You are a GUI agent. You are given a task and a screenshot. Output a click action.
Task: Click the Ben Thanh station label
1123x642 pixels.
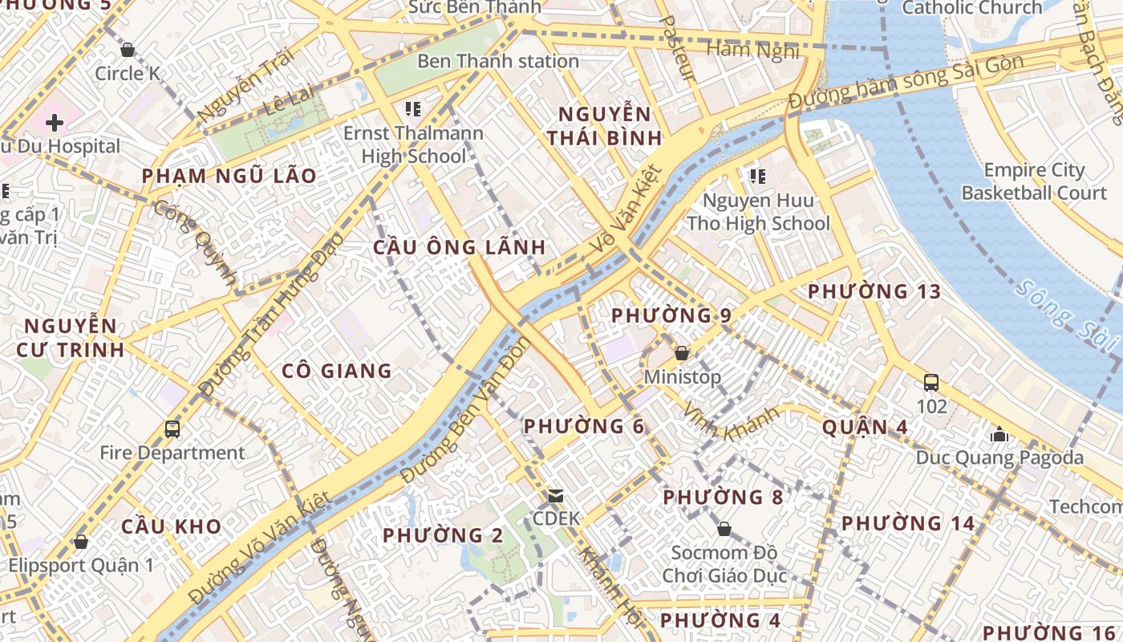497,61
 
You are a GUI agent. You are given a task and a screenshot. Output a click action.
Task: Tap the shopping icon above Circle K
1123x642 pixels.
127,51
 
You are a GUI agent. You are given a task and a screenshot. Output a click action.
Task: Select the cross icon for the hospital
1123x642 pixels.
55,123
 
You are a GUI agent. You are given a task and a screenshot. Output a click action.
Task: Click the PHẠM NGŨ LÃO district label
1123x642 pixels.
229,176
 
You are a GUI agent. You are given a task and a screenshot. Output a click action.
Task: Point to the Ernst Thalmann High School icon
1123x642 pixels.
413,109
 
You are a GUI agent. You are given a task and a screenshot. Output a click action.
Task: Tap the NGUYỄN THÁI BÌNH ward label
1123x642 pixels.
605,125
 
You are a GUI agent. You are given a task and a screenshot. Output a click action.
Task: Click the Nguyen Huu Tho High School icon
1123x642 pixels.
757,176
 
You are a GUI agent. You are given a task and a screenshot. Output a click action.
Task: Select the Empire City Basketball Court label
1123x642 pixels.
1033,181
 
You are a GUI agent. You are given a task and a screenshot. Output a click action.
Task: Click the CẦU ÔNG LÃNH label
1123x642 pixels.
460,247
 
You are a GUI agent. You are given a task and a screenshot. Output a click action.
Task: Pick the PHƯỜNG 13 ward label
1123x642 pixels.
874,291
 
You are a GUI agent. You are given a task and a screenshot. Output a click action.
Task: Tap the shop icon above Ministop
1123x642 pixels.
682,353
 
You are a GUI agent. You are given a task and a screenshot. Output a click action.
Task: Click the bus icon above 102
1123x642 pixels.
931,383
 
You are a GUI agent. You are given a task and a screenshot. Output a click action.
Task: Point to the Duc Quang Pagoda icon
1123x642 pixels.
999,434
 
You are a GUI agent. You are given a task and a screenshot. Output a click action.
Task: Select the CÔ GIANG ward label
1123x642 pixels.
337,371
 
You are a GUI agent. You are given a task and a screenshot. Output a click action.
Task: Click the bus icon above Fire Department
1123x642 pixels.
172,429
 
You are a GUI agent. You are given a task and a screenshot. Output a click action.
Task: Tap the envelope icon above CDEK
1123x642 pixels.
556,496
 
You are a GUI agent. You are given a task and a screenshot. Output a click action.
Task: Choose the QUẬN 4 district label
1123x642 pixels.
865,427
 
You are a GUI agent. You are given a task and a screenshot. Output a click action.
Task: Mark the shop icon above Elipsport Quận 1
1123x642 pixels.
81,542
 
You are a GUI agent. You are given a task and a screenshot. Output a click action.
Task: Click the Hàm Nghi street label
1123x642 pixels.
752,51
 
